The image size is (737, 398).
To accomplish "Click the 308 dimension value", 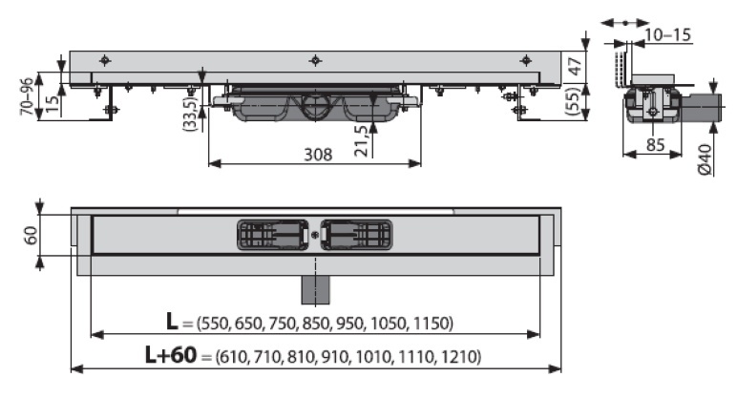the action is coord(318,154).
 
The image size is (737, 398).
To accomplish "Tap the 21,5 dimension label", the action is coord(361,140).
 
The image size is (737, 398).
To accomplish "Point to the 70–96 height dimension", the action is coord(28,96).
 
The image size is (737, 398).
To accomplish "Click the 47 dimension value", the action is coord(575,66).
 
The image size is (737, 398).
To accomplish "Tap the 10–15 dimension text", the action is coord(667,34).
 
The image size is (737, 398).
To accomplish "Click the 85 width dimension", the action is coord(655,145).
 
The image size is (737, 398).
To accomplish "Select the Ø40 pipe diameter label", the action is coord(705,159).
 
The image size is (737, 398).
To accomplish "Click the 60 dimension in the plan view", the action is coord(31,236).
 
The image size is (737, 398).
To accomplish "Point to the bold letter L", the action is coord(172,322).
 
